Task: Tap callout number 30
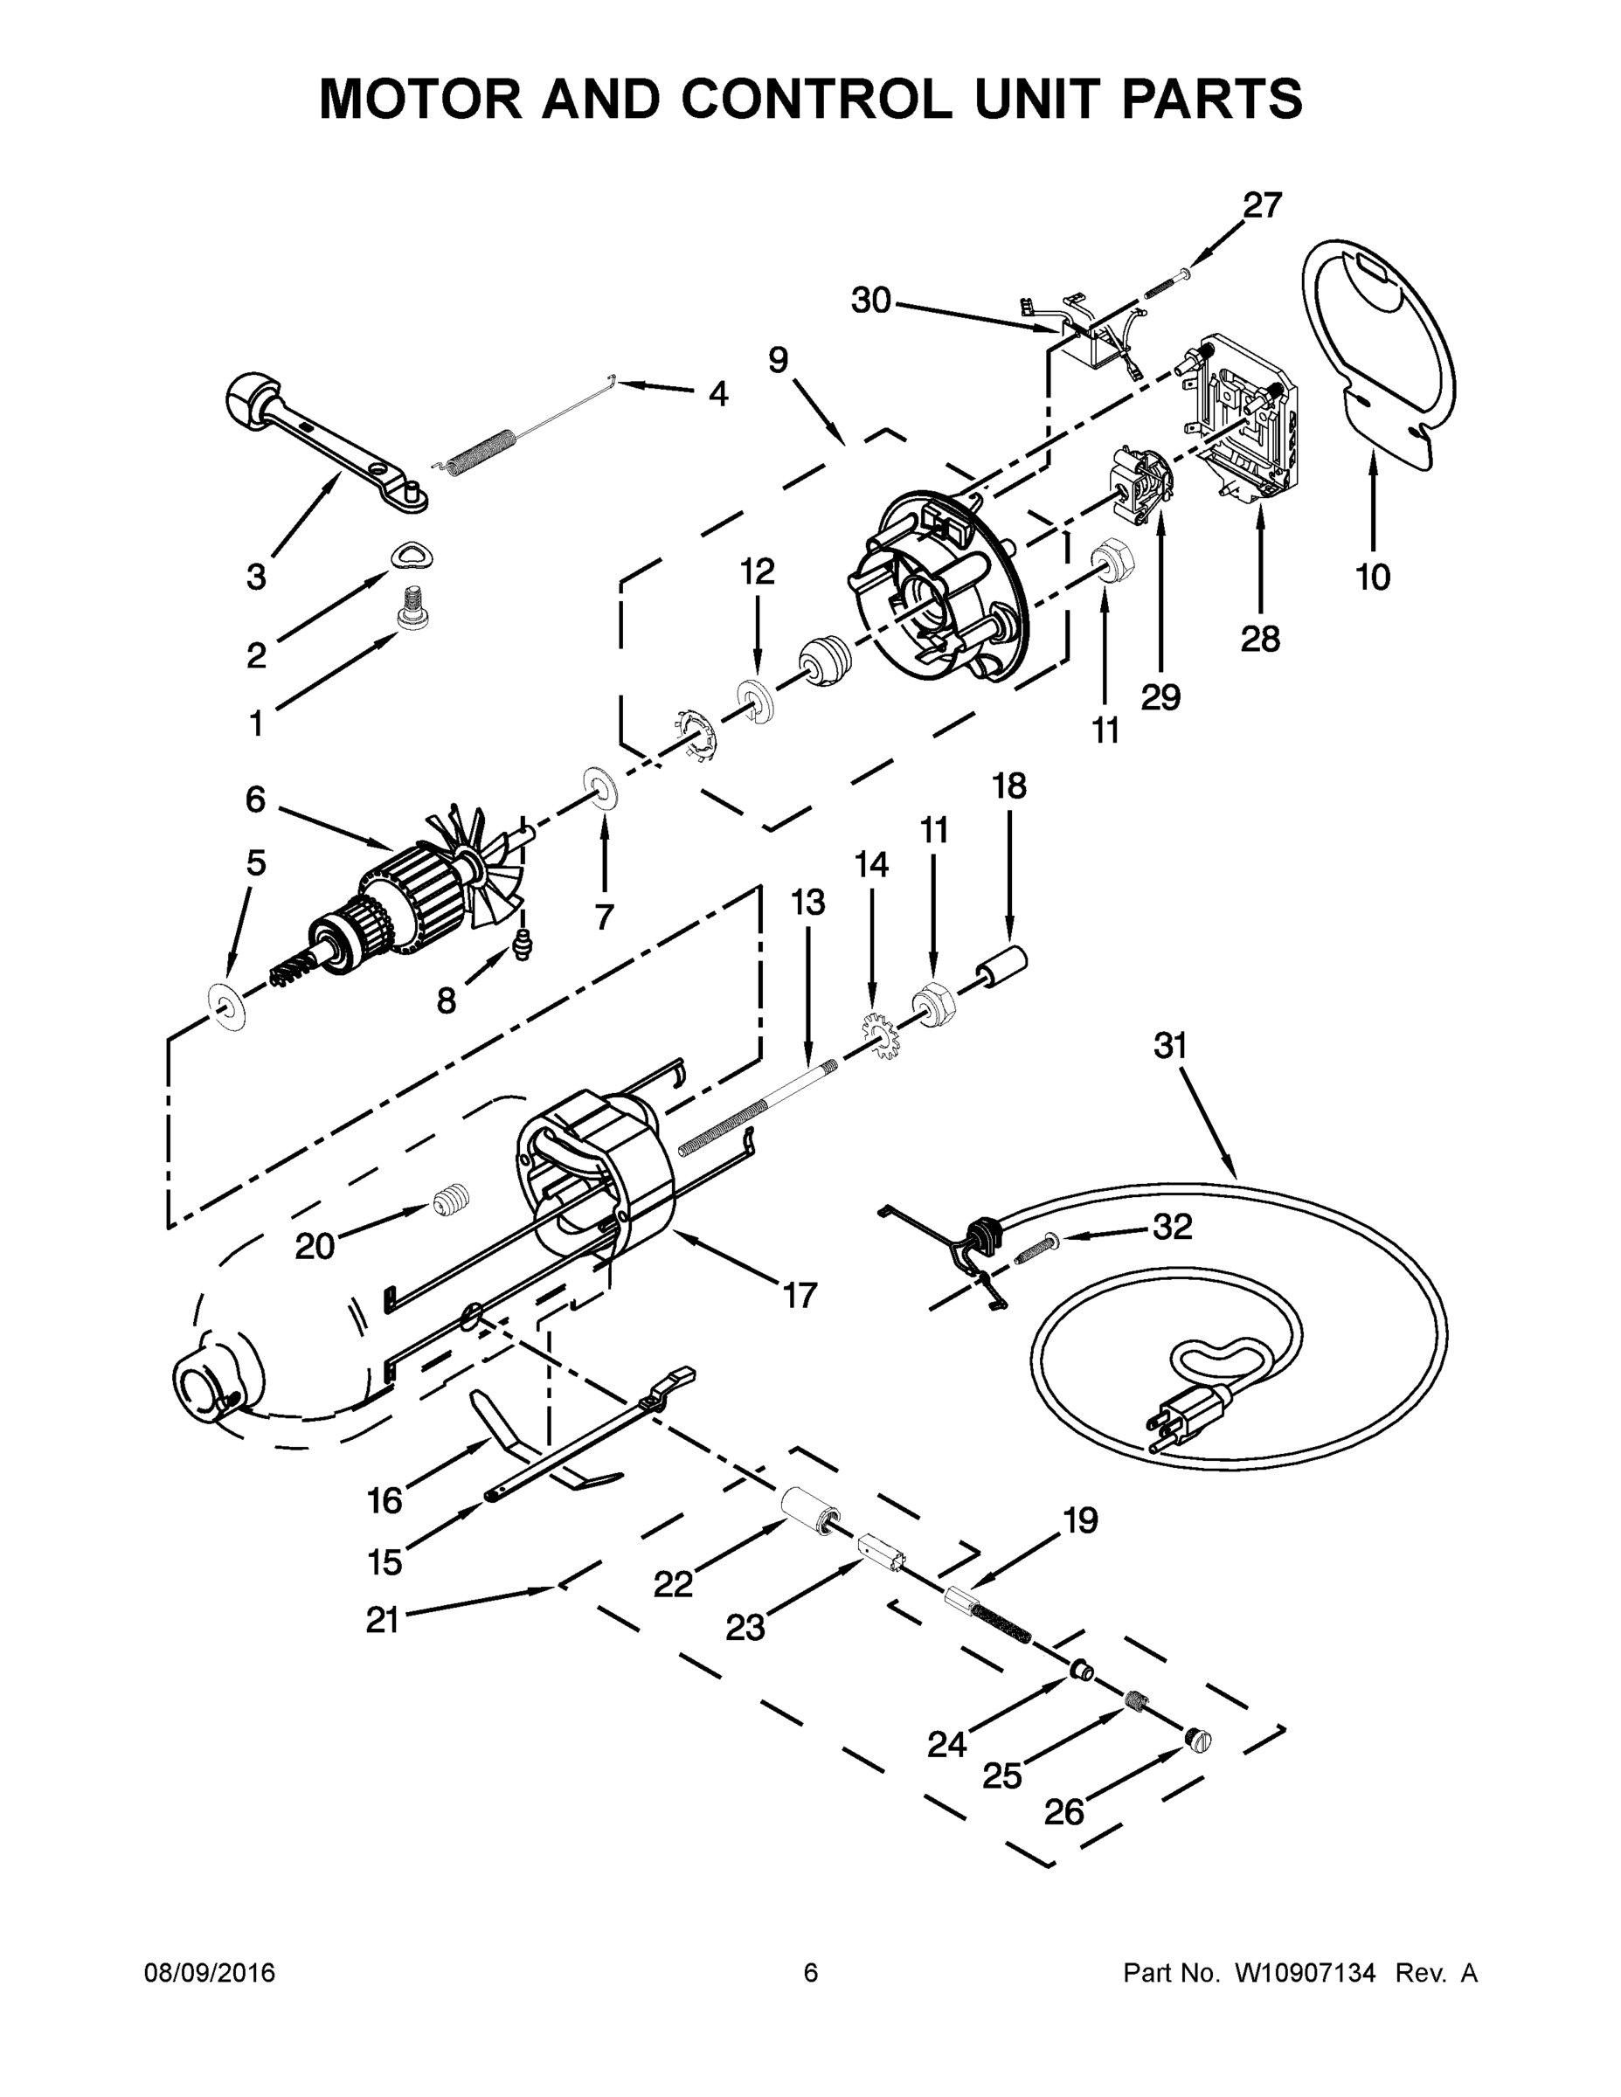point(871,301)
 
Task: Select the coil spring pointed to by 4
point(480,450)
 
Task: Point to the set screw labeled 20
point(445,1201)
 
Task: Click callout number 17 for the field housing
point(799,1295)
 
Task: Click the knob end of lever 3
point(251,399)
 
